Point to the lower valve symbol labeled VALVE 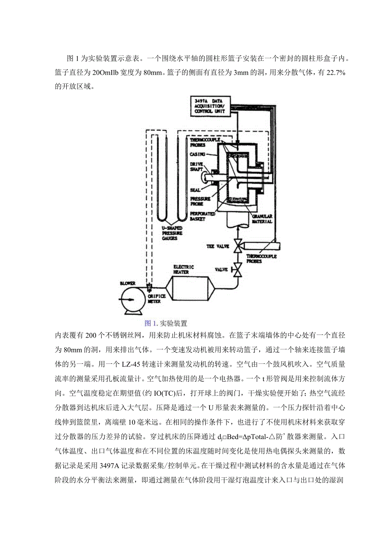238,269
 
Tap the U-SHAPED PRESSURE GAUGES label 169,233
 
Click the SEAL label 195,190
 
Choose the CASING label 198,154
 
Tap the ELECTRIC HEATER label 184,269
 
